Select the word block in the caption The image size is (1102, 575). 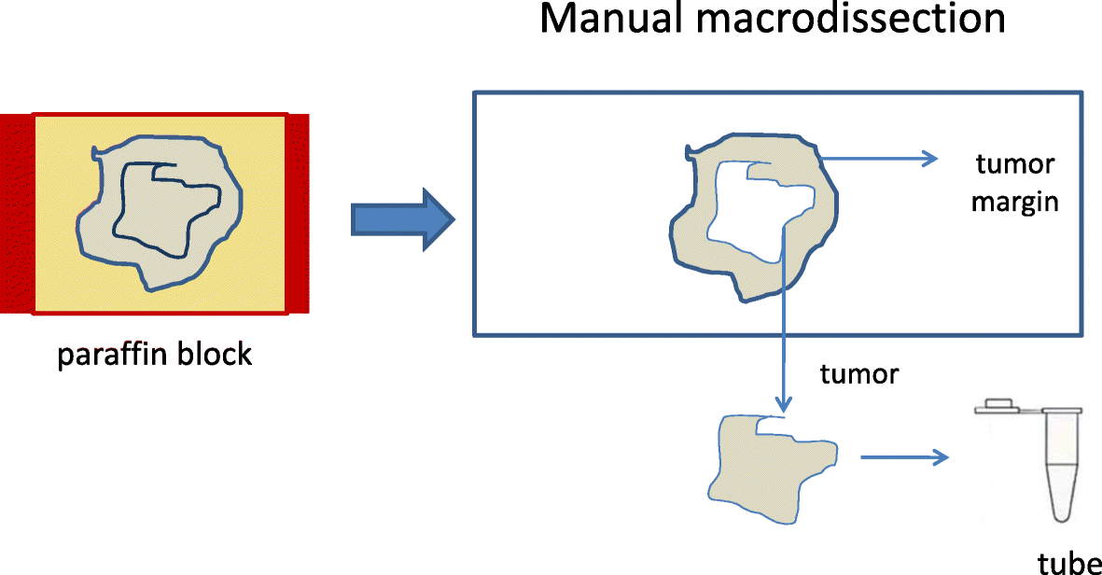pyautogui.click(x=214, y=355)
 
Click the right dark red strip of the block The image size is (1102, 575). pyautogui.click(x=297, y=213)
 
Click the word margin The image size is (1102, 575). pyautogui.click(x=1014, y=201)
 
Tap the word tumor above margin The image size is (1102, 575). pyautogui.click(x=1014, y=165)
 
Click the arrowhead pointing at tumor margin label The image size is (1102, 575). pyautogui.click(x=931, y=159)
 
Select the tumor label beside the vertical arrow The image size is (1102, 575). pyautogui.click(x=858, y=374)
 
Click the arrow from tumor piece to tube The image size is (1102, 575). pyautogui.click(x=903, y=457)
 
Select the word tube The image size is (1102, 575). pyautogui.click(x=1068, y=563)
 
